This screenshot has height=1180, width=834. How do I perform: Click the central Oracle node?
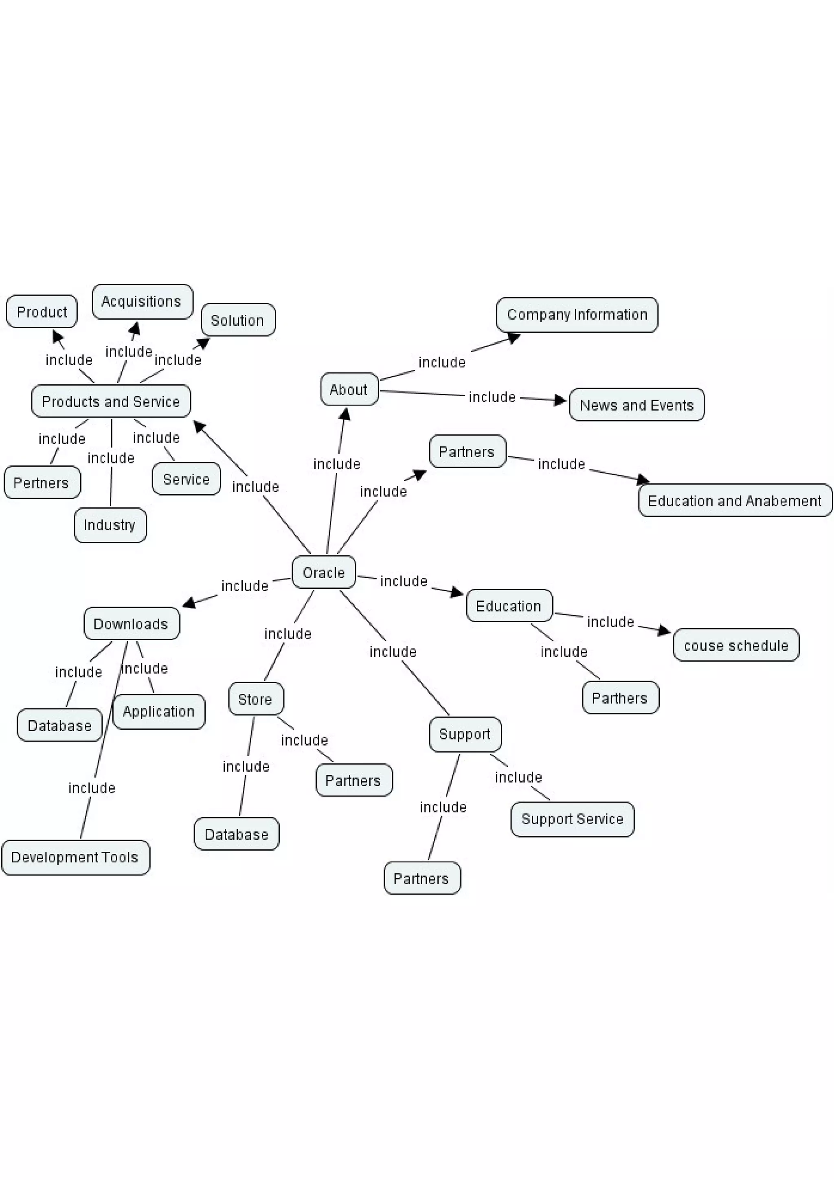(323, 572)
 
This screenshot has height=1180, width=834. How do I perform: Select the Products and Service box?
(111, 401)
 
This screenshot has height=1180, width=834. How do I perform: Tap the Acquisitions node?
(142, 301)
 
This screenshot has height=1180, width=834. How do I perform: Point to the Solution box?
(237, 320)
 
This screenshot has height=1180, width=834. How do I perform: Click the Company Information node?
(577, 314)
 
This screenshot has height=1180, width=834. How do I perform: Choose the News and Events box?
(636, 405)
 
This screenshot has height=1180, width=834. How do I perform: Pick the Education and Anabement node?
(734, 500)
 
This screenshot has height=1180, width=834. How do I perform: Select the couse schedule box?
(736, 645)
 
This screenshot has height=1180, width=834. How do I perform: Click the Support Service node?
(572, 819)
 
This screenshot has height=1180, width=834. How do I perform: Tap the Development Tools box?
(75, 857)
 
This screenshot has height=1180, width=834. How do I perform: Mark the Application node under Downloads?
(159, 711)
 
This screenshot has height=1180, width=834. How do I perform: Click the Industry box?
(110, 525)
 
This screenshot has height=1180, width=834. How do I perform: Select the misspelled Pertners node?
(42, 482)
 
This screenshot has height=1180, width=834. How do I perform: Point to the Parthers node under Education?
(620, 697)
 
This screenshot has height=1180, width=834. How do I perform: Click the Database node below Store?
(236, 834)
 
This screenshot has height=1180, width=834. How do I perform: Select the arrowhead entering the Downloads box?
(189, 603)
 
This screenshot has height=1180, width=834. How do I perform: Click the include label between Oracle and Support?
(393, 651)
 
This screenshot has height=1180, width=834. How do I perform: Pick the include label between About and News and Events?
(492, 397)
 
